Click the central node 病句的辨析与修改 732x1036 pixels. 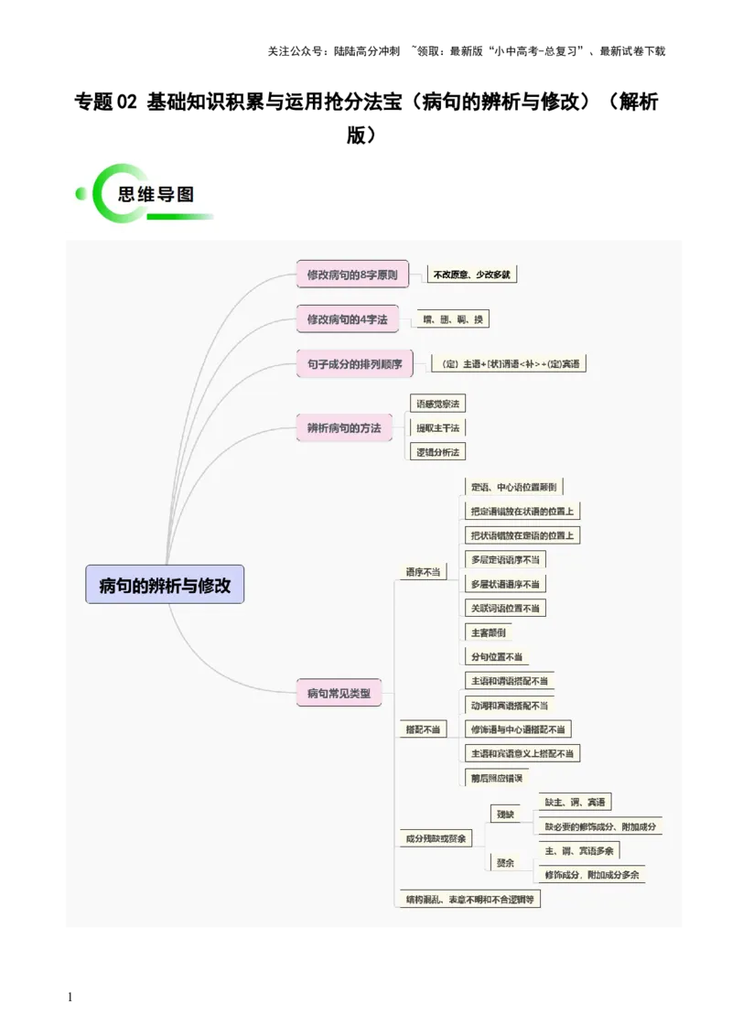(165, 584)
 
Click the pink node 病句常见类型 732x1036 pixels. (339, 693)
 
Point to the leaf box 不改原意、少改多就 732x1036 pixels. (472, 275)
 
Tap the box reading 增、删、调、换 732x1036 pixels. (453, 319)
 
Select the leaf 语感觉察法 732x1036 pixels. (438, 404)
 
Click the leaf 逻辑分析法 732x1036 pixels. (438, 452)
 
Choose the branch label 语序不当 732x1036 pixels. (423, 572)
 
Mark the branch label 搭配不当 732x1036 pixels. (423, 729)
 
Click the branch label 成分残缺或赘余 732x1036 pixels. (436, 838)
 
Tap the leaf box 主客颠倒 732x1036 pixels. (488, 632)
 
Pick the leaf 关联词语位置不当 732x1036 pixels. (505, 608)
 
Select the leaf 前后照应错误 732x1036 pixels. (497, 778)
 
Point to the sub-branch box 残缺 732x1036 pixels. (506, 815)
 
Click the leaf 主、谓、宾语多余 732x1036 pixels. (579, 851)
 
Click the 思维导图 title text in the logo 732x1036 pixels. (156, 195)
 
